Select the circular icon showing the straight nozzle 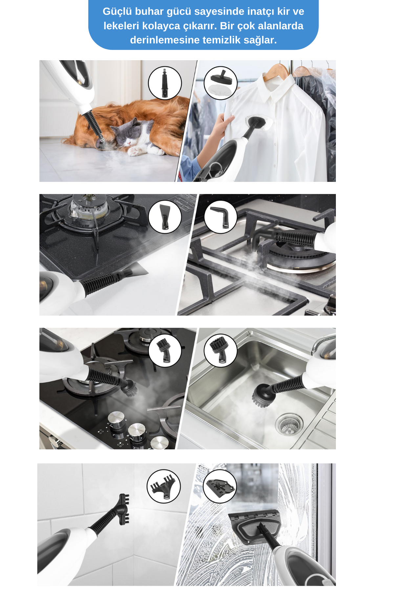[165, 83]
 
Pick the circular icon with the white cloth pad [220, 83]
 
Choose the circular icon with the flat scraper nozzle [165, 217]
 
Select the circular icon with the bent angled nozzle [220, 217]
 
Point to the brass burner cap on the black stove [89, 208]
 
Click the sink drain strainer [289, 424]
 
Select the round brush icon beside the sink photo [220, 350]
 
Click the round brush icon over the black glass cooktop [165, 350]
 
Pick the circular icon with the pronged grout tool [164, 486]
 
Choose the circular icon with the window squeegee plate [220, 486]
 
